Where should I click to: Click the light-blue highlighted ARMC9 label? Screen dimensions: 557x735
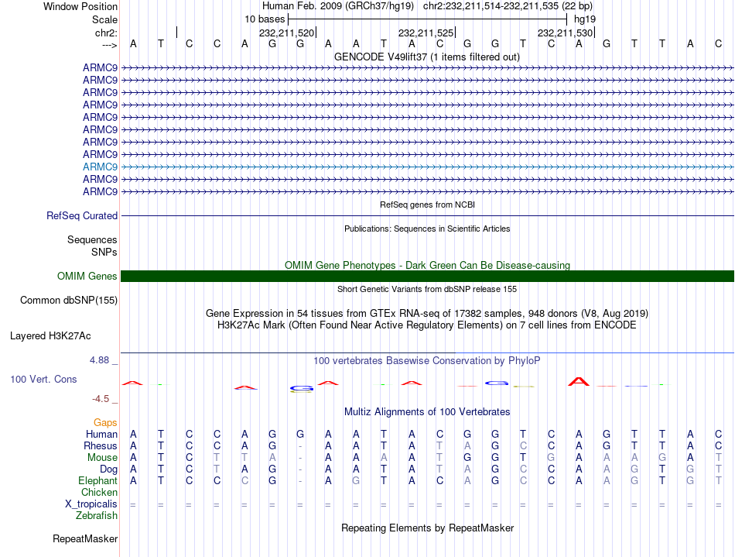pos(100,167)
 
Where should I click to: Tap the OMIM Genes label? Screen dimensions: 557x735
pos(87,277)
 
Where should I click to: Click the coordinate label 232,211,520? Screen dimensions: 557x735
pos(286,33)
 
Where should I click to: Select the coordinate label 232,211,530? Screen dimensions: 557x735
pos(565,33)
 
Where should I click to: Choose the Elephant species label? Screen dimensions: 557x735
pos(97,480)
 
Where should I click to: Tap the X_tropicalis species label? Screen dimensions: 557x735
pos(91,504)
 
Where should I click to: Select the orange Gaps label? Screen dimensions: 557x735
pos(105,422)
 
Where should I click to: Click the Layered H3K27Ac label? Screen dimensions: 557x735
pos(50,336)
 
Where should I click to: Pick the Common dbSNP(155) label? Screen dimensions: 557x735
pos(69,301)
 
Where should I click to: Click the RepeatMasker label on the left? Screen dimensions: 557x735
pos(85,538)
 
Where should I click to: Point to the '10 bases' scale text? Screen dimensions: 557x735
pos(265,19)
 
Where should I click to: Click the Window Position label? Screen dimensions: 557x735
pos(80,6)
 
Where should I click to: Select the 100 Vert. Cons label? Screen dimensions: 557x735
pos(43,380)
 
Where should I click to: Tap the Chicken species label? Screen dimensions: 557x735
pos(99,492)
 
